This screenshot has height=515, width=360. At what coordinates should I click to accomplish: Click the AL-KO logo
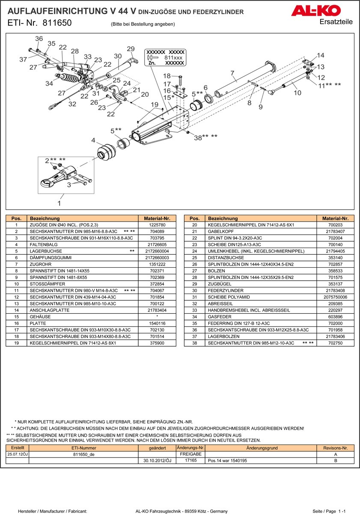click(316, 11)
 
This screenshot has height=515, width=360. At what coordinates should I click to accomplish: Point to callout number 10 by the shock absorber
click(298, 93)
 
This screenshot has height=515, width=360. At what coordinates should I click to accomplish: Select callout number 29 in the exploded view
click(131, 49)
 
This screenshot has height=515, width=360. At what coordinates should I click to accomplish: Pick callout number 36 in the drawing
click(39, 39)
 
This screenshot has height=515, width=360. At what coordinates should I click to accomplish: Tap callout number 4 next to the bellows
click(93, 141)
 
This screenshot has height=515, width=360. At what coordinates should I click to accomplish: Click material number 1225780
click(157, 225)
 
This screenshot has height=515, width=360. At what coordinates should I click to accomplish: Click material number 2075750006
click(336, 297)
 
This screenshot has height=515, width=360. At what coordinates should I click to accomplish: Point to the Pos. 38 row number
click(194, 343)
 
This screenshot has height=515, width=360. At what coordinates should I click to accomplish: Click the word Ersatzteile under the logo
click(336, 22)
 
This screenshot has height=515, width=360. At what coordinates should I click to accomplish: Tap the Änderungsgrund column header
click(262, 448)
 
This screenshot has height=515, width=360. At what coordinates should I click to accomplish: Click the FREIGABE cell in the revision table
click(190, 454)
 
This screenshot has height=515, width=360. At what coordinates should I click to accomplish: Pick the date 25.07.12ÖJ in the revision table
click(17, 454)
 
